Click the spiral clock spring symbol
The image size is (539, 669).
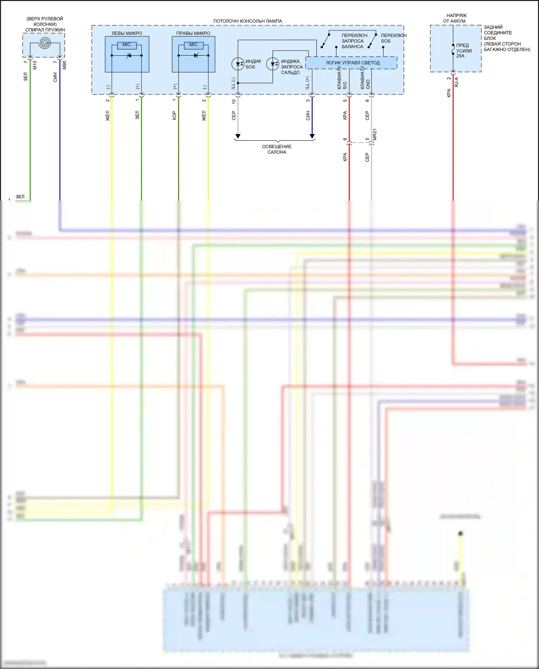click(45, 43)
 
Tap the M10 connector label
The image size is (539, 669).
click(35, 65)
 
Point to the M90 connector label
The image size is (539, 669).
click(65, 65)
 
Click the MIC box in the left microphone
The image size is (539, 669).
click(126, 45)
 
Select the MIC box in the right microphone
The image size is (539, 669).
click(193, 45)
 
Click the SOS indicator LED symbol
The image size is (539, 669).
click(238, 64)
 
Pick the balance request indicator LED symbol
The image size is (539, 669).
click(273, 64)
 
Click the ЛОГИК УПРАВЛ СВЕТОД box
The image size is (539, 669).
click(352, 63)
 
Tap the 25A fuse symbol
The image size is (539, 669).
click(453, 50)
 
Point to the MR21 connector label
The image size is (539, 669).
click(375, 134)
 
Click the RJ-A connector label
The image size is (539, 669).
click(457, 82)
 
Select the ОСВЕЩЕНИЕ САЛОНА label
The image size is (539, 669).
click(277, 149)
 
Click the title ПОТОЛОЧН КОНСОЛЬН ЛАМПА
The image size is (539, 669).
click(248, 21)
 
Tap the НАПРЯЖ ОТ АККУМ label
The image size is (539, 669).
click(456, 18)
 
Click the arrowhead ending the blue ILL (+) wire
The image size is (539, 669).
click(312, 137)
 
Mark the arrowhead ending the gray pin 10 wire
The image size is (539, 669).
click(238, 137)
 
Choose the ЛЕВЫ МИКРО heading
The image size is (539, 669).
click(126, 33)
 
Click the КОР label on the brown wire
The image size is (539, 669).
click(174, 115)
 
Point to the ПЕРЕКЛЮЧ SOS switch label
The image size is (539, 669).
click(393, 38)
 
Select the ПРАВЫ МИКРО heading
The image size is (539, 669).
click(193, 33)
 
